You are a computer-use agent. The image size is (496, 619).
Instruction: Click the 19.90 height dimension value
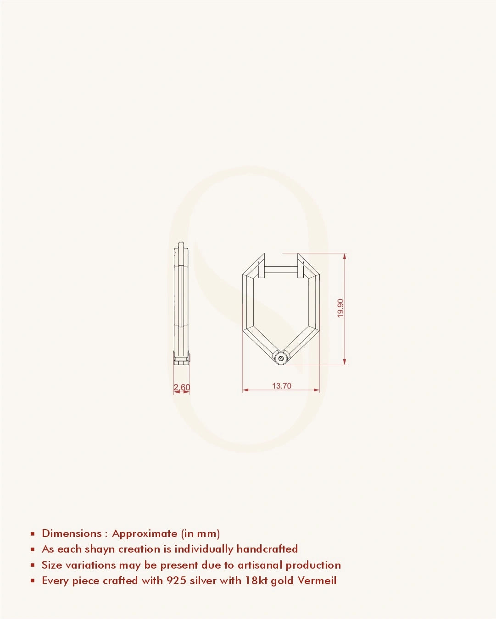point(340,308)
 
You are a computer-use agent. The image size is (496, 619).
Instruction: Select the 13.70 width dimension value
point(281,386)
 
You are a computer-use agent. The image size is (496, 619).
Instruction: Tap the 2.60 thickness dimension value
point(182,387)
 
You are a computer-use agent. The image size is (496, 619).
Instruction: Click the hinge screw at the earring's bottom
point(281,358)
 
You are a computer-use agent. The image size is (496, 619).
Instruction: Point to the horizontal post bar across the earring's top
point(281,270)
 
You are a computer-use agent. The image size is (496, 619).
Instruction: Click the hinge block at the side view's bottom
point(182,358)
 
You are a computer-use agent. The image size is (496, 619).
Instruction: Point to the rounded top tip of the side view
point(182,245)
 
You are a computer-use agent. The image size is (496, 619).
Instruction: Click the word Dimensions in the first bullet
point(72,533)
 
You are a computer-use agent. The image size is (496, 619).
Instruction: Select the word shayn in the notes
point(100,549)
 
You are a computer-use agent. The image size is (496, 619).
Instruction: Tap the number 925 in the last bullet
point(176,581)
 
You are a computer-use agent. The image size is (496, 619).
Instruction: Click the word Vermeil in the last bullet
point(317,581)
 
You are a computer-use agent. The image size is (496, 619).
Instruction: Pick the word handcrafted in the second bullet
point(267,549)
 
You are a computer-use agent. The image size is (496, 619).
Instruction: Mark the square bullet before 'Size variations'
point(33,565)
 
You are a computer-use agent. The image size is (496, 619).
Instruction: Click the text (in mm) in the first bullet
point(201,533)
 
